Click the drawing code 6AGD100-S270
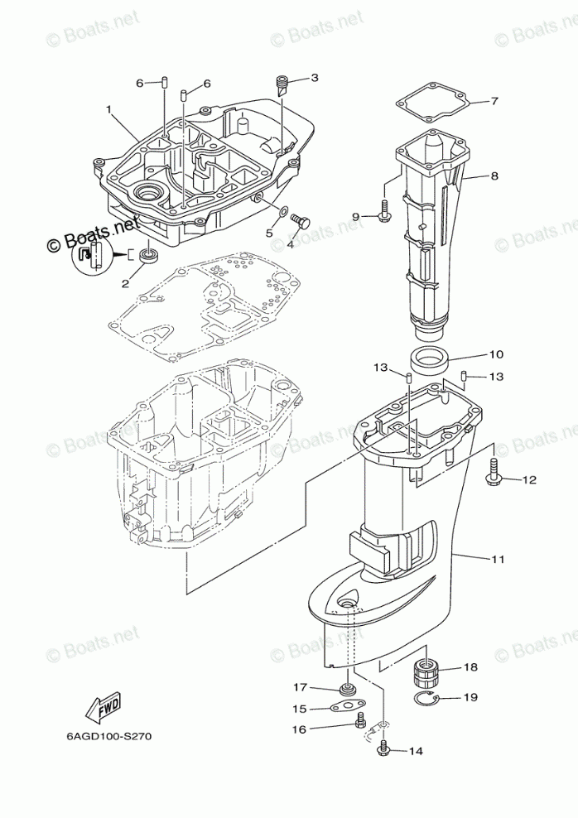coord(104,734)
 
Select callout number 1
coord(108,109)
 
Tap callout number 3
coord(314,79)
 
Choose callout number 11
coord(497,560)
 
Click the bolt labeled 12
coord(496,474)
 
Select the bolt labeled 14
coord(383,749)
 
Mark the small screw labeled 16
coord(359,724)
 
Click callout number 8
coord(494,176)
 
